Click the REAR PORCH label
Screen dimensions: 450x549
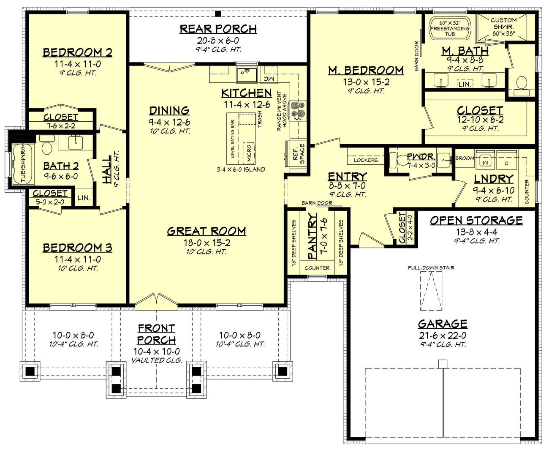coord(218,29)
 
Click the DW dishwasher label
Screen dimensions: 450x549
coord(269,79)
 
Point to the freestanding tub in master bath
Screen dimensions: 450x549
coord(449,28)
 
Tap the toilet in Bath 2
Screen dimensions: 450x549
coord(46,148)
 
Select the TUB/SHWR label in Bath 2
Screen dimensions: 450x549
coord(19,164)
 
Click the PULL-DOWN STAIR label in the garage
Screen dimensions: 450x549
coord(431,267)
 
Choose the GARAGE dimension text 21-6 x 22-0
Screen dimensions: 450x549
coord(442,335)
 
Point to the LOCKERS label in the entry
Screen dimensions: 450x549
coord(366,160)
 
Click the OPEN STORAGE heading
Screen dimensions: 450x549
coord(476,220)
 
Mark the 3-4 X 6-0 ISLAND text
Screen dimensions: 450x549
coord(241,169)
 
